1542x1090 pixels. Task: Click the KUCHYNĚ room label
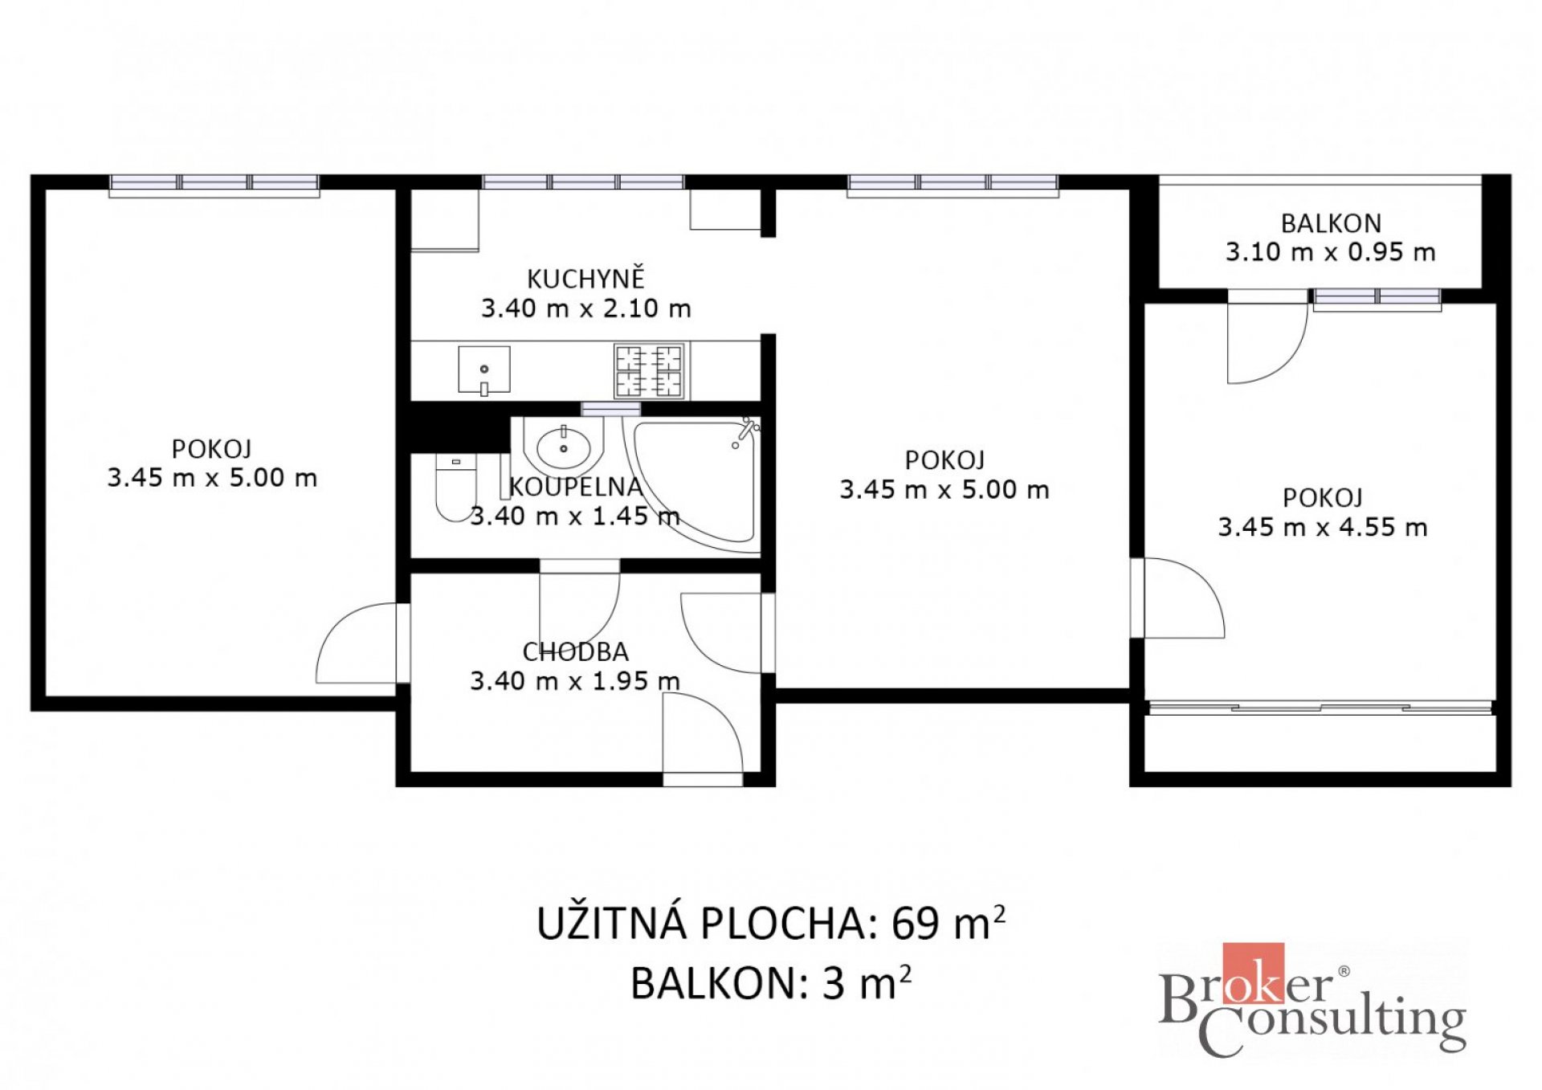pyautogui.click(x=585, y=279)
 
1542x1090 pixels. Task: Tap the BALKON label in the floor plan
pyautogui.click(x=1331, y=223)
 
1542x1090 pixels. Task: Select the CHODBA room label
pyautogui.click(x=575, y=651)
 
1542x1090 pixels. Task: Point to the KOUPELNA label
pyautogui.click(x=575, y=487)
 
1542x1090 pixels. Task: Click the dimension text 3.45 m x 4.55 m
pyautogui.click(x=1323, y=527)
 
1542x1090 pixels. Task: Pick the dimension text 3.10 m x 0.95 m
pyautogui.click(x=1331, y=252)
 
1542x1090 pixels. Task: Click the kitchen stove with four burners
pyautogui.click(x=649, y=370)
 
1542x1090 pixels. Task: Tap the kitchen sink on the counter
pyautogui.click(x=484, y=370)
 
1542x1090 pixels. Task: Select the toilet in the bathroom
pyautogui.click(x=455, y=488)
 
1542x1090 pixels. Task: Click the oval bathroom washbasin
pyautogui.click(x=563, y=448)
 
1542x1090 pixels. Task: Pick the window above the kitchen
pyautogui.click(x=584, y=182)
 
